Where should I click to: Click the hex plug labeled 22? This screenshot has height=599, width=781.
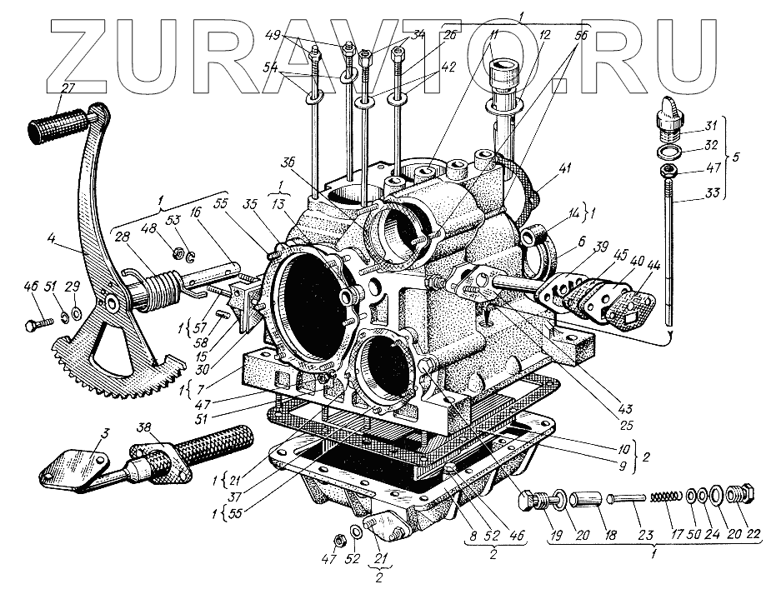[744, 497]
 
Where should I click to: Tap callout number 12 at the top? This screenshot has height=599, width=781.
[522, 37]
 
